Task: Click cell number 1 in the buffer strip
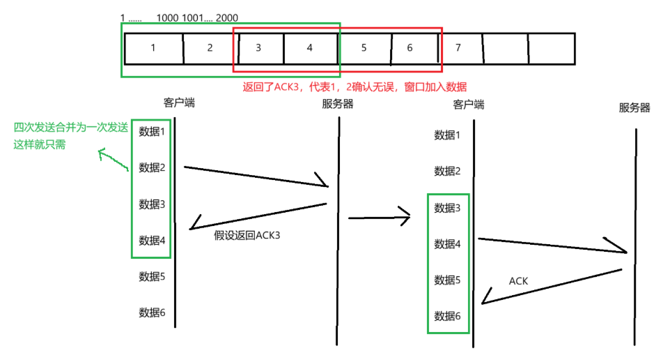(153, 48)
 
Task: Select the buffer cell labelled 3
(258, 48)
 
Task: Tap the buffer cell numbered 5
(364, 48)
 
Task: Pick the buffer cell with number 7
(458, 48)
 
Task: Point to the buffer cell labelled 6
(410, 48)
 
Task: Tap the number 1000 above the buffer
(167, 17)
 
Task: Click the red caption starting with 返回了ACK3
(354, 86)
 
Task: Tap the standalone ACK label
(518, 281)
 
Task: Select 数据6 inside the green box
(447, 316)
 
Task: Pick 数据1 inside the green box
(152, 132)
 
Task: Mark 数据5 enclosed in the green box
(447, 280)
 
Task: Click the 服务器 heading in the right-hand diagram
(634, 108)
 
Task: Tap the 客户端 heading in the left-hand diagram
(179, 103)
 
